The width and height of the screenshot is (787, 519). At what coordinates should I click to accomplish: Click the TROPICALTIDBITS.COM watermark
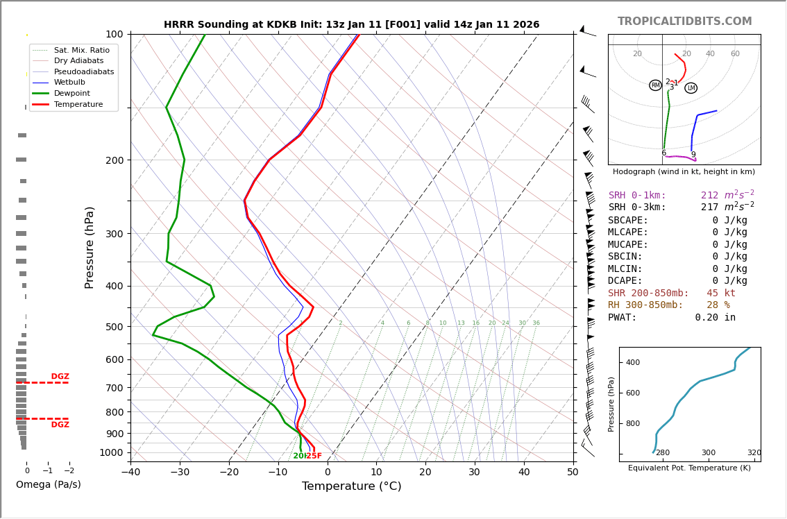(x=684, y=22)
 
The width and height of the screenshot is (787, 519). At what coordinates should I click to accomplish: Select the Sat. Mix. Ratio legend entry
(x=81, y=50)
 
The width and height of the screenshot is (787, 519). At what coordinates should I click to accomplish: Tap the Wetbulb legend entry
(x=74, y=82)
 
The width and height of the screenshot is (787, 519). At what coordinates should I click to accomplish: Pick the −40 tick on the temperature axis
(x=130, y=473)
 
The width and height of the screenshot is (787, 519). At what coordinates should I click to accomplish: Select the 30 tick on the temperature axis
(x=474, y=473)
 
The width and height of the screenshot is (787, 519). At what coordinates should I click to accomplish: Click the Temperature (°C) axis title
(x=351, y=486)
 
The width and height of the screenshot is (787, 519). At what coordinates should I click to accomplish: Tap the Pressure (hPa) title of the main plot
(x=90, y=247)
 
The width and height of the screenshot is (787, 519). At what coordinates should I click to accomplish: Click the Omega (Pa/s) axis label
(x=48, y=484)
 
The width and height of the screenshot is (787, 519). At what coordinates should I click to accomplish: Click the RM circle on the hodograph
(x=655, y=85)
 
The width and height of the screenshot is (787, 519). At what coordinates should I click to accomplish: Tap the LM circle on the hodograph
(x=691, y=88)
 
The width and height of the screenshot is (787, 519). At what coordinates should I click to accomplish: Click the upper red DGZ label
(x=60, y=377)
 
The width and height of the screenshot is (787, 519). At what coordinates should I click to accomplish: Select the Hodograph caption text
(x=684, y=171)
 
